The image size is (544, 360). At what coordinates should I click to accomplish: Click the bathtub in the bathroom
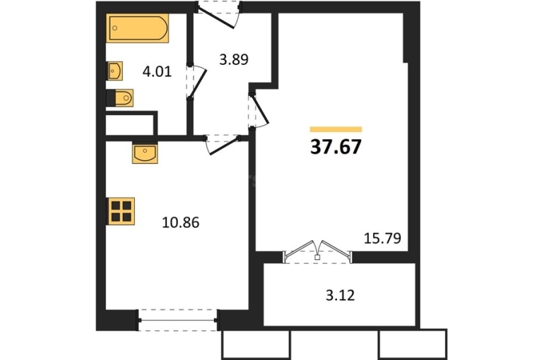pyautogui.click(x=137, y=28)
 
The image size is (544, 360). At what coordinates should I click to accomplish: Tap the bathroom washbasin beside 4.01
pyautogui.click(x=114, y=71)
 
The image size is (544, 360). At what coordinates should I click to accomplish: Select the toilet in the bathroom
pyautogui.click(x=120, y=97)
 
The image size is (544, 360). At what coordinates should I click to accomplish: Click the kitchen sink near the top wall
pyautogui.click(x=145, y=153)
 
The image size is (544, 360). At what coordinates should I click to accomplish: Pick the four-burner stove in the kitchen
pyautogui.click(x=121, y=211)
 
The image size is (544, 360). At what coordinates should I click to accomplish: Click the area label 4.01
pyautogui.click(x=157, y=72)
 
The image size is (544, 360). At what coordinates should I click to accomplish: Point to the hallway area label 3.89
pyautogui.click(x=234, y=59)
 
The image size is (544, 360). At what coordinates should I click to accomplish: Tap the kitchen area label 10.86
pyautogui.click(x=180, y=222)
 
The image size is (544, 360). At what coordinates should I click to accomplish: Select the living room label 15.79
pyautogui.click(x=382, y=238)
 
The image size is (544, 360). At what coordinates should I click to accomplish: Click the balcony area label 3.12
pyautogui.click(x=341, y=296)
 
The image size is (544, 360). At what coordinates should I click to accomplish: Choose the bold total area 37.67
pyautogui.click(x=336, y=147)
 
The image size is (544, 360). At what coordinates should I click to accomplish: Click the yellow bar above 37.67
pyautogui.click(x=336, y=130)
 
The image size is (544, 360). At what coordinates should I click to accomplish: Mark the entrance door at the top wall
pyautogui.click(x=218, y=14)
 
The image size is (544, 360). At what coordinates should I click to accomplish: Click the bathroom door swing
pyautogui.click(x=196, y=82)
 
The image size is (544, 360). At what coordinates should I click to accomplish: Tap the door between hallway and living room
pyautogui.click(x=259, y=110)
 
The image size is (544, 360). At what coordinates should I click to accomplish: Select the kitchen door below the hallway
pyautogui.click(x=222, y=145)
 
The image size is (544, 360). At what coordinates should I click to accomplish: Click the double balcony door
pyautogui.click(x=318, y=251)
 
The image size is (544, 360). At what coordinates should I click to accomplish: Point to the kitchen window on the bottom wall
pyautogui.click(x=177, y=320)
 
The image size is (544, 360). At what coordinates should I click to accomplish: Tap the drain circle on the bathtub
pyautogui.click(x=115, y=29)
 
